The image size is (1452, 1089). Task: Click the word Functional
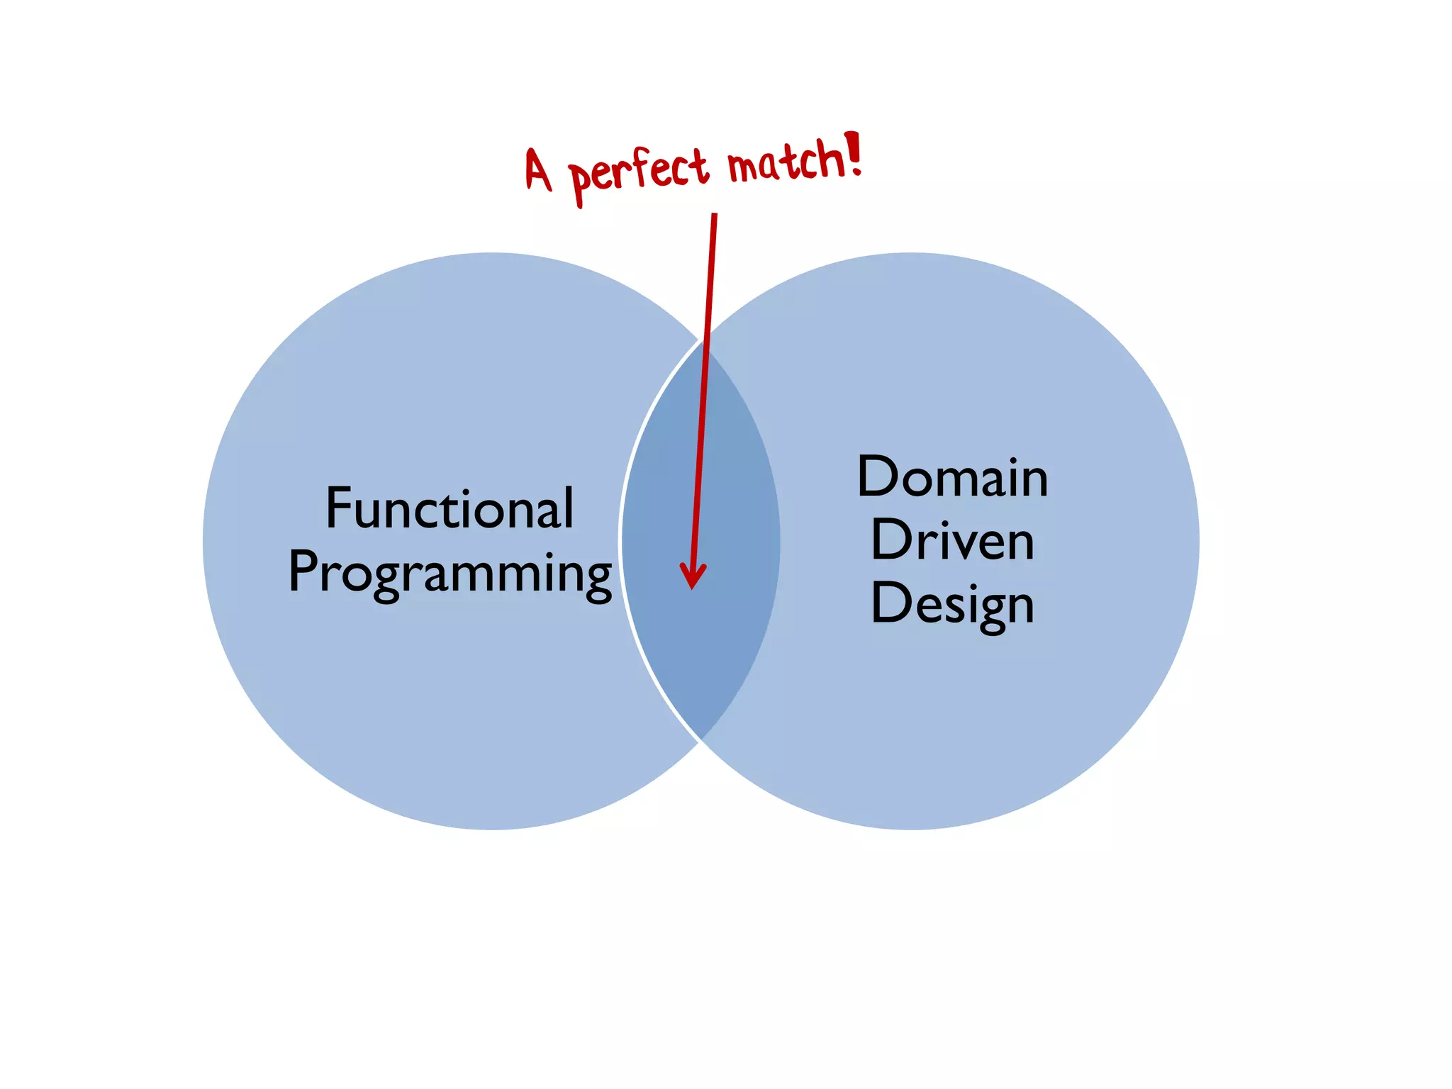click(x=449, y=508)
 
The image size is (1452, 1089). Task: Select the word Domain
click(x=952, y=476)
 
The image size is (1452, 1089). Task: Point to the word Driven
click(x=952, y=540)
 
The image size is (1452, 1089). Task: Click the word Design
click(x=952, y=604)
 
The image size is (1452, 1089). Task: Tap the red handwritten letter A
click(x=538, y=170)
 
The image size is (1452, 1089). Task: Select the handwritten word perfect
click(x=638, y=174)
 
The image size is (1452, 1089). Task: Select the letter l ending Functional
click(x=568, y=508)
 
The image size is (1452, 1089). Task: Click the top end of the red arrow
click(x=714, y=216)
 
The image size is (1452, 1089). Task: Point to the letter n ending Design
click(x=1020, y=607)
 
